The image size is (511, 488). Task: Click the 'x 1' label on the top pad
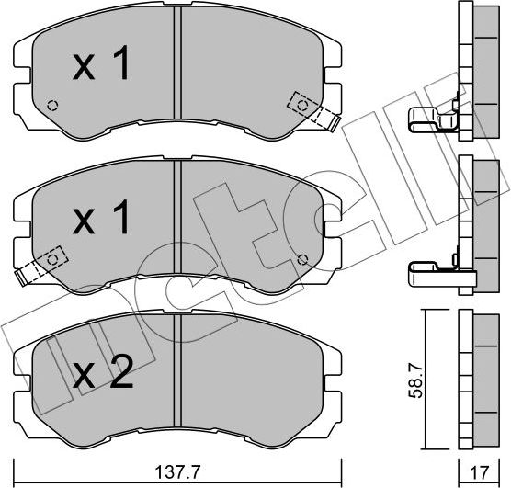click(x=102, y=65)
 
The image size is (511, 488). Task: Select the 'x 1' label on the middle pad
click(x=102, y=220)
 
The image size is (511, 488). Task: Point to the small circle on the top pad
click(x=52, y=104)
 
